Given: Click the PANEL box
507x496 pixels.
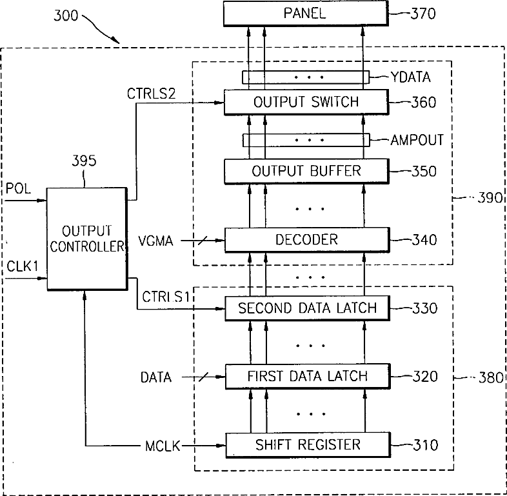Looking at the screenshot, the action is [306, 14].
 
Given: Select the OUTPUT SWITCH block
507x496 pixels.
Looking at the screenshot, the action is [306, 102].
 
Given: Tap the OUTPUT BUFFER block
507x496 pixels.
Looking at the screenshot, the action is [306, 171].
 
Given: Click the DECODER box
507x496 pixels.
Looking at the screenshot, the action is [307, 239].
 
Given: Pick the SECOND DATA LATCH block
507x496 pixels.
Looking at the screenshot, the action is [307, 308].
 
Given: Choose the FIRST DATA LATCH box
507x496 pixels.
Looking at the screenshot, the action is [308, 376].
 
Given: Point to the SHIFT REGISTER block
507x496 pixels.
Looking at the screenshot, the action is [308, 444].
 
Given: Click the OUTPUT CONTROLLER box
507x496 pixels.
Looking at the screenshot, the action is [87, 239].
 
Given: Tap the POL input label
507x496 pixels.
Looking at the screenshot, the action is [18, 188].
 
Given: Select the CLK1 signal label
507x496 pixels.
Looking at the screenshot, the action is [23, 266].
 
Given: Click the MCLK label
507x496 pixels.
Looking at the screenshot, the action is [163, 446].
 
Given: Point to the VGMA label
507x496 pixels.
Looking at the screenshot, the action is [155, 241].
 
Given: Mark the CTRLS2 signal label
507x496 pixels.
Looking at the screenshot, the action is [151, 94].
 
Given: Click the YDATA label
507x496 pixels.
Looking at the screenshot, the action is [411, 77].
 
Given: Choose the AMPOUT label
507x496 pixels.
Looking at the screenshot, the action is [417, 140].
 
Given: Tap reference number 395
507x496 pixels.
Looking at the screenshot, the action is [84, 161].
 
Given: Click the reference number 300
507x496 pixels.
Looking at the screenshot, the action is [66, 15].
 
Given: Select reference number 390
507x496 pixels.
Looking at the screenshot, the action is [490, 197].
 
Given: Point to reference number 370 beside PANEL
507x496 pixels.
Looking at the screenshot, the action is [423, 14].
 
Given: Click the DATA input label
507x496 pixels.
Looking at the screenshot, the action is [156, 378].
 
